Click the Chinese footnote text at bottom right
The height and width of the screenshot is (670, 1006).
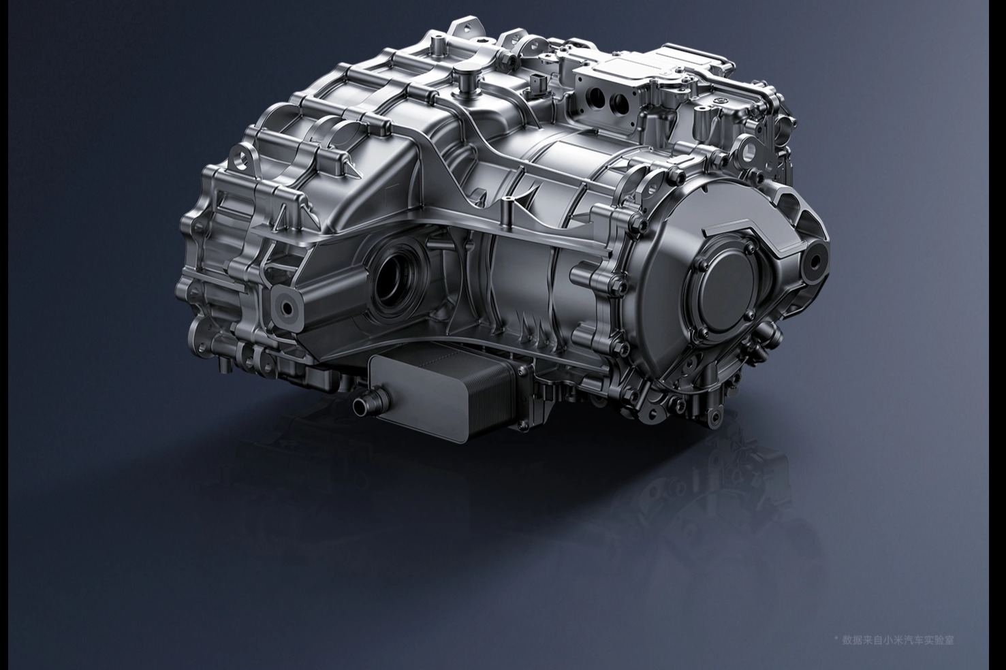898,640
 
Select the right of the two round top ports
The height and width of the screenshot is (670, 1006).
620,103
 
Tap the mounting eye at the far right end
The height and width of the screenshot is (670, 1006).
815,261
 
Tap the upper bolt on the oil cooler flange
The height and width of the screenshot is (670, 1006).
523,370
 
